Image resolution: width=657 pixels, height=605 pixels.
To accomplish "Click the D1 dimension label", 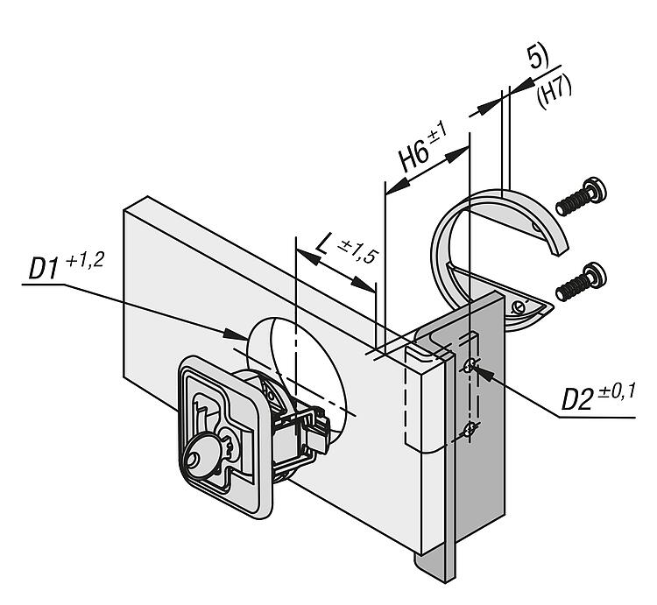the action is [x=42, y=270].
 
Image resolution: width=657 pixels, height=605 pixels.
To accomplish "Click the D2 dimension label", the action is [x=576, y=400].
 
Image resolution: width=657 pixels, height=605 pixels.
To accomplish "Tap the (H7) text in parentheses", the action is [x=554, y=94].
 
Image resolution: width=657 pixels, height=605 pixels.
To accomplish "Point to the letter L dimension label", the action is [x=321, y=243].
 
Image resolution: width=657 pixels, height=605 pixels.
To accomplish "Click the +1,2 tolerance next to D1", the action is [x=84, y=261].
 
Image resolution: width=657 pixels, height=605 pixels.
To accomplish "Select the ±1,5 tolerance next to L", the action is [x=358, y=252].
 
